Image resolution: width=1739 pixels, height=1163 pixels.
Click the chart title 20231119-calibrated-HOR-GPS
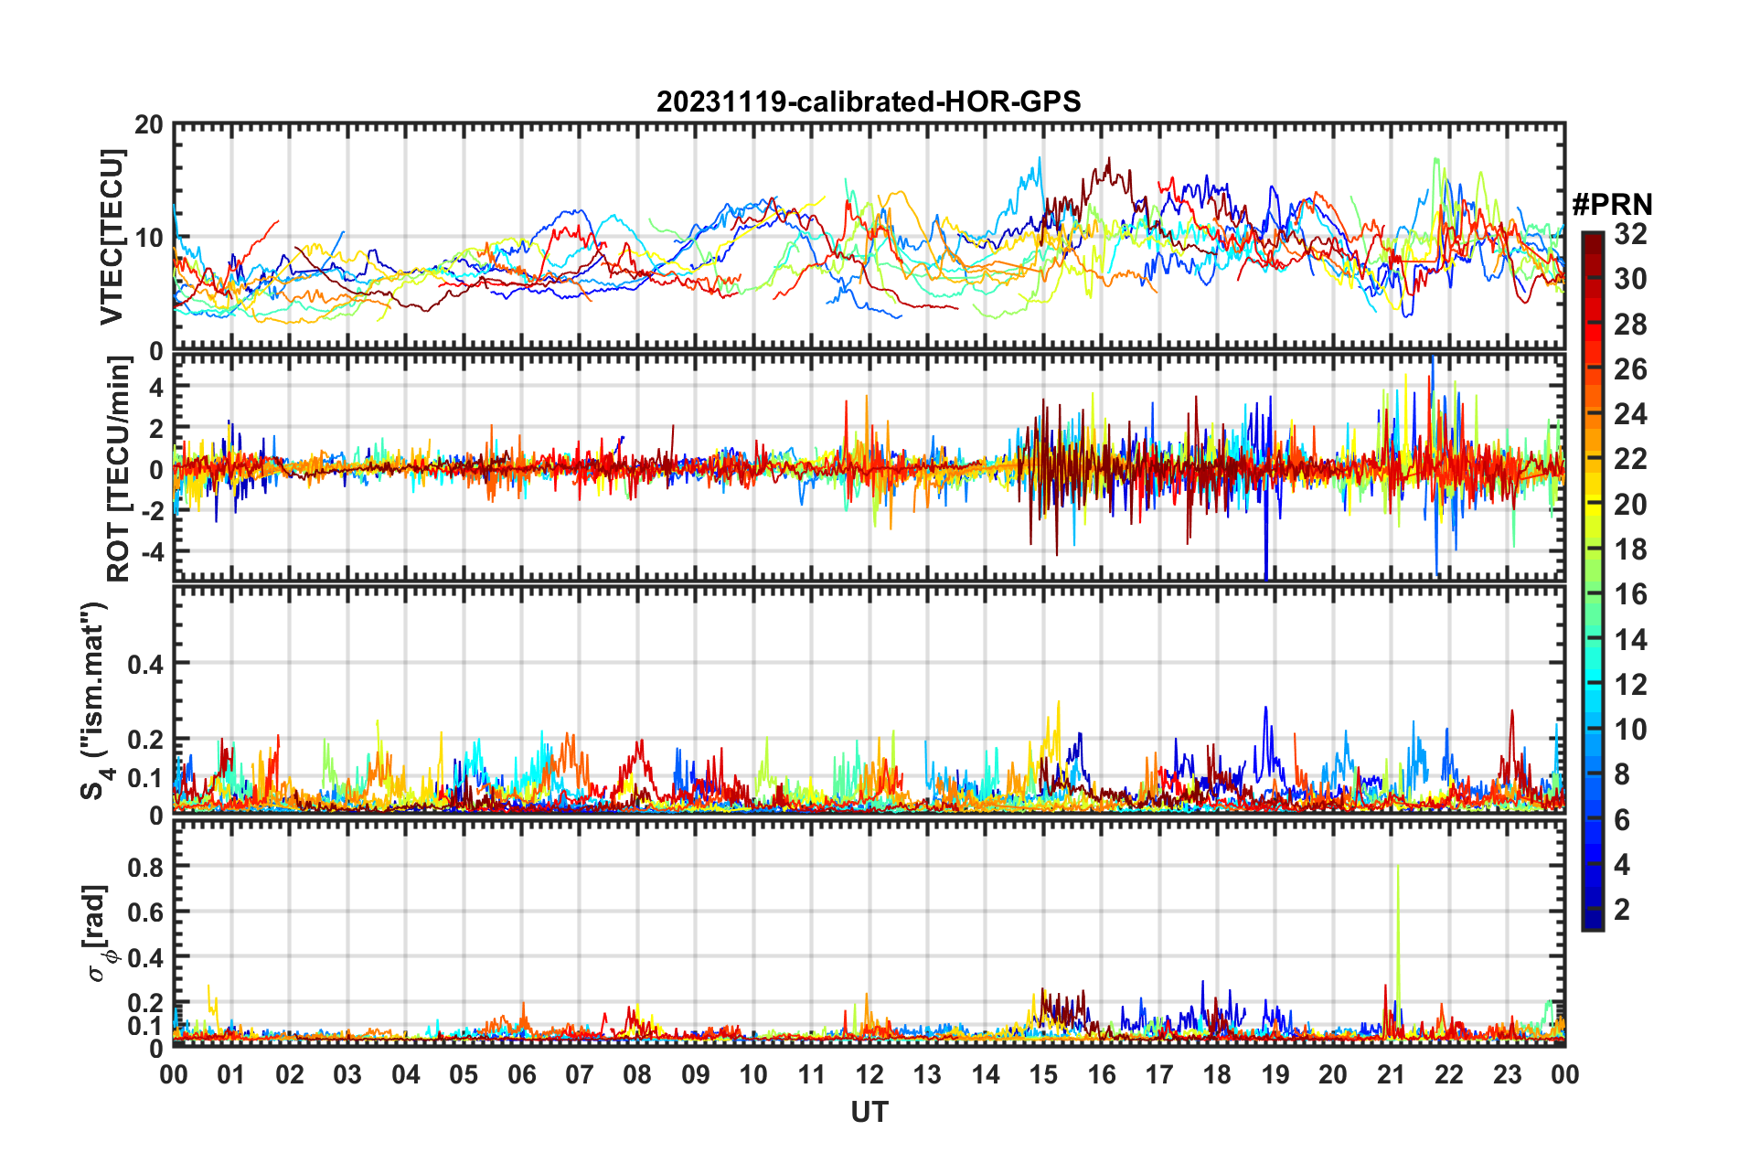[869, 101]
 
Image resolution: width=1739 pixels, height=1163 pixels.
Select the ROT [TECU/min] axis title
[119, 469]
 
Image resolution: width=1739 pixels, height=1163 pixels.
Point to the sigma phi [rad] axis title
[98, 933]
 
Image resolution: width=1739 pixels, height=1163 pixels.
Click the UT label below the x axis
[869, 1112]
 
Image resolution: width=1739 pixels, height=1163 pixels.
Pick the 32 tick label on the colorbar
[1630, 234]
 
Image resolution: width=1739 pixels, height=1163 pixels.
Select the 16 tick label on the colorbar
[1630, 594]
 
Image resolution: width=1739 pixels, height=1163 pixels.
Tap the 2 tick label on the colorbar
[1622, 909]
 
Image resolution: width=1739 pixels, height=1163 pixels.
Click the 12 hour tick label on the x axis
[869, 1074]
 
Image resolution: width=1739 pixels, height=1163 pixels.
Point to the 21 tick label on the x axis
[1391, 1074]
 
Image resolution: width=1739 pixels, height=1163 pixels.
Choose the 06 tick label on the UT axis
[522, 1074]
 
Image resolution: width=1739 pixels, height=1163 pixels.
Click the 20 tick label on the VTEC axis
[149, 125]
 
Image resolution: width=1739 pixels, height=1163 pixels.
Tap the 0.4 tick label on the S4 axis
[145, 664]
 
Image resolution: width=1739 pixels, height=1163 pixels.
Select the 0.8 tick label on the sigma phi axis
[145, 867]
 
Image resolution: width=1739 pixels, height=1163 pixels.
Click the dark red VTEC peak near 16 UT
[1109, 161]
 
